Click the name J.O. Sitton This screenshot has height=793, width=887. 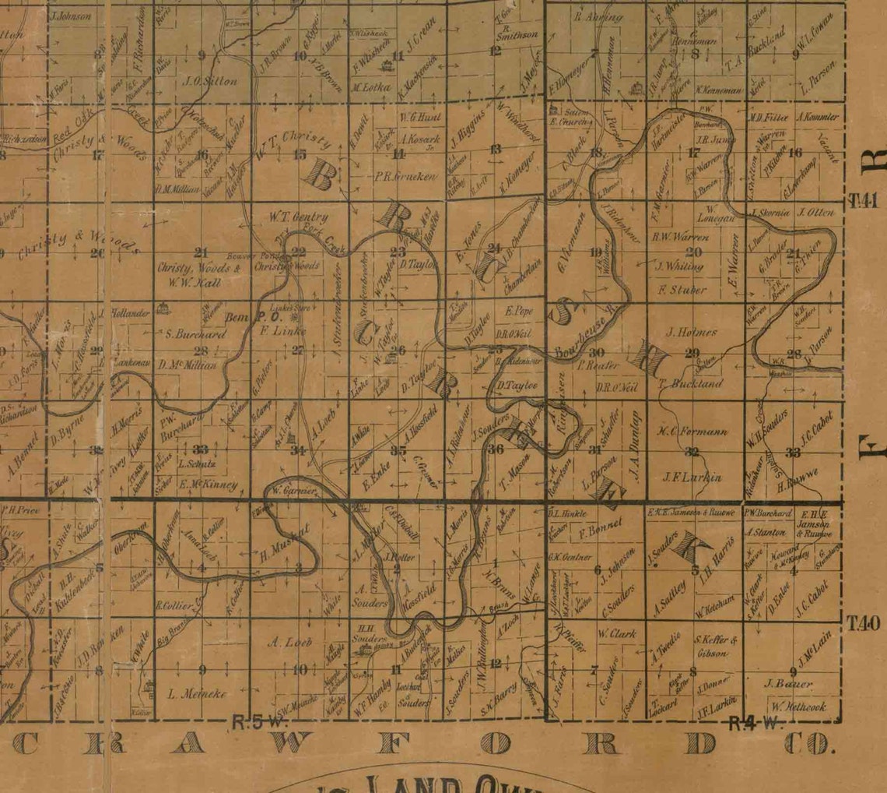pyautogui.click(x=209, y=80)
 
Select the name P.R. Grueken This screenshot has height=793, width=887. pyautogui.click(x=406, y=176)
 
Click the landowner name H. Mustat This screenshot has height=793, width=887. pyautogui.click(x=285, y=544)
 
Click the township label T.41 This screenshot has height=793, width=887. pyautogui.click(x=863, y=200)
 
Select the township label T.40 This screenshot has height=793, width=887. pyautogui.click(x=863, y=622)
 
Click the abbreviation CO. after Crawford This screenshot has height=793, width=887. pyautogui.click(x=808, y=744)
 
